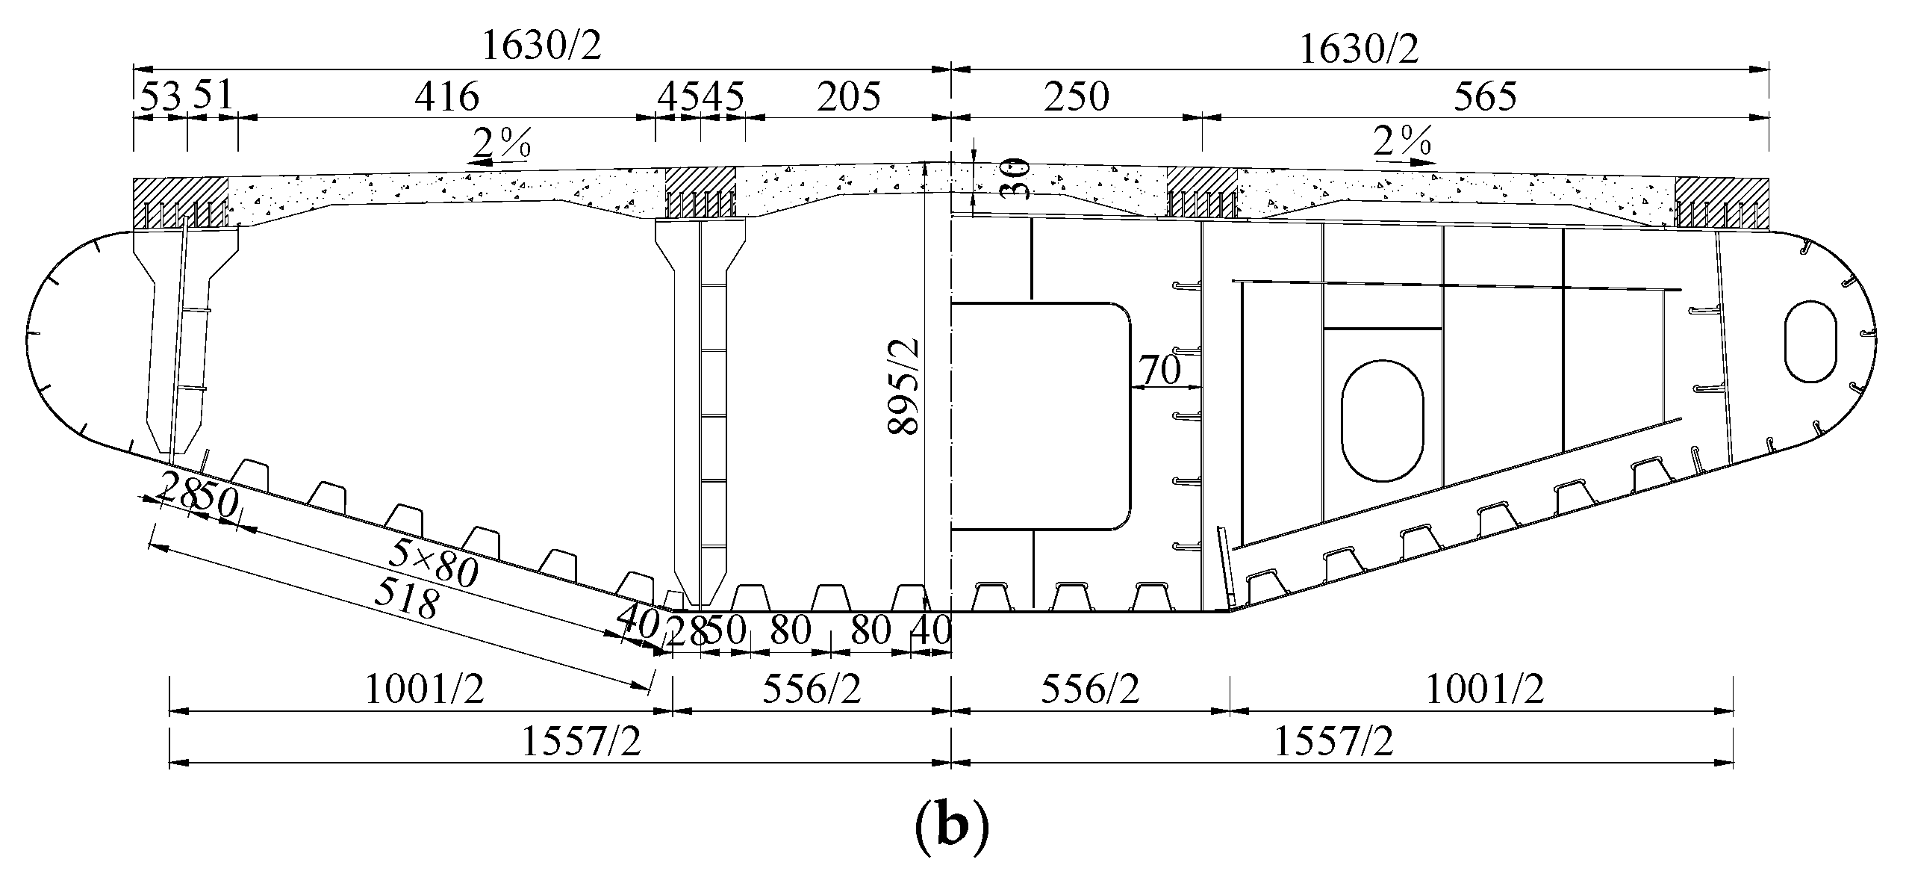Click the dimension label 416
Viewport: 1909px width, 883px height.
coord(446,97)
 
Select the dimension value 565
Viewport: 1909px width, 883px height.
coord(1486,97)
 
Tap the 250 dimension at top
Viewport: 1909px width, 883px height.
coord(1077,97)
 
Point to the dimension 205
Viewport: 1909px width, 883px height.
coord(848,97)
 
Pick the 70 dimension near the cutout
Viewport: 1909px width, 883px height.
coord(1159,370)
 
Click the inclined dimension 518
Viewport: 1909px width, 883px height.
coord(405,598)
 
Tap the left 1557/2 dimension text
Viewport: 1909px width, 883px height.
coord(581,742)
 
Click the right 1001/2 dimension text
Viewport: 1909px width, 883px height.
coord(1483,690)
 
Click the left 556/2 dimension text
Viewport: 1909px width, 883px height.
coord(812,690)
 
